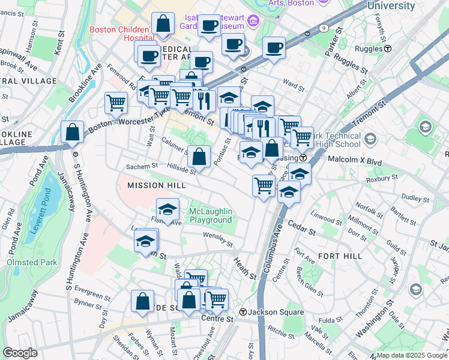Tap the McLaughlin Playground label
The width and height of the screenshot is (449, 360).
210,216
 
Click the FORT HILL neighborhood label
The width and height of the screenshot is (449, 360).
340,256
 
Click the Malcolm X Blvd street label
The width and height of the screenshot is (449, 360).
355,160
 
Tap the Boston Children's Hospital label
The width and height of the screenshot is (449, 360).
119,34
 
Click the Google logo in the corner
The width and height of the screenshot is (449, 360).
20,353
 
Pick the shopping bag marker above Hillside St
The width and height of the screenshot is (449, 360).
199,157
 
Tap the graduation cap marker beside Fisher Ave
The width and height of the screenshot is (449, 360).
168,209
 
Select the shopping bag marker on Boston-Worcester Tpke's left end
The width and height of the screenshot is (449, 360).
72,133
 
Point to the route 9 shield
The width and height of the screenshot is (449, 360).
324,28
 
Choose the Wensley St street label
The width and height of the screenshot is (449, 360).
217,239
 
